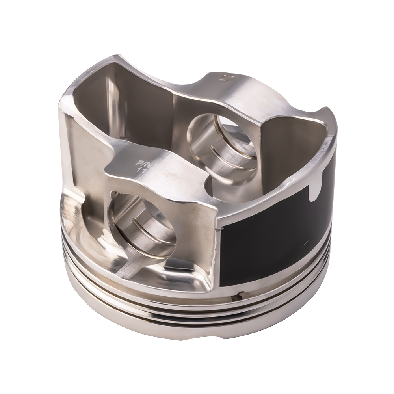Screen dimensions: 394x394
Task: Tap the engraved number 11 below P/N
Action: click(139, 171)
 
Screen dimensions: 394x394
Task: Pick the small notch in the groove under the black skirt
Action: click(238, 294)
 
